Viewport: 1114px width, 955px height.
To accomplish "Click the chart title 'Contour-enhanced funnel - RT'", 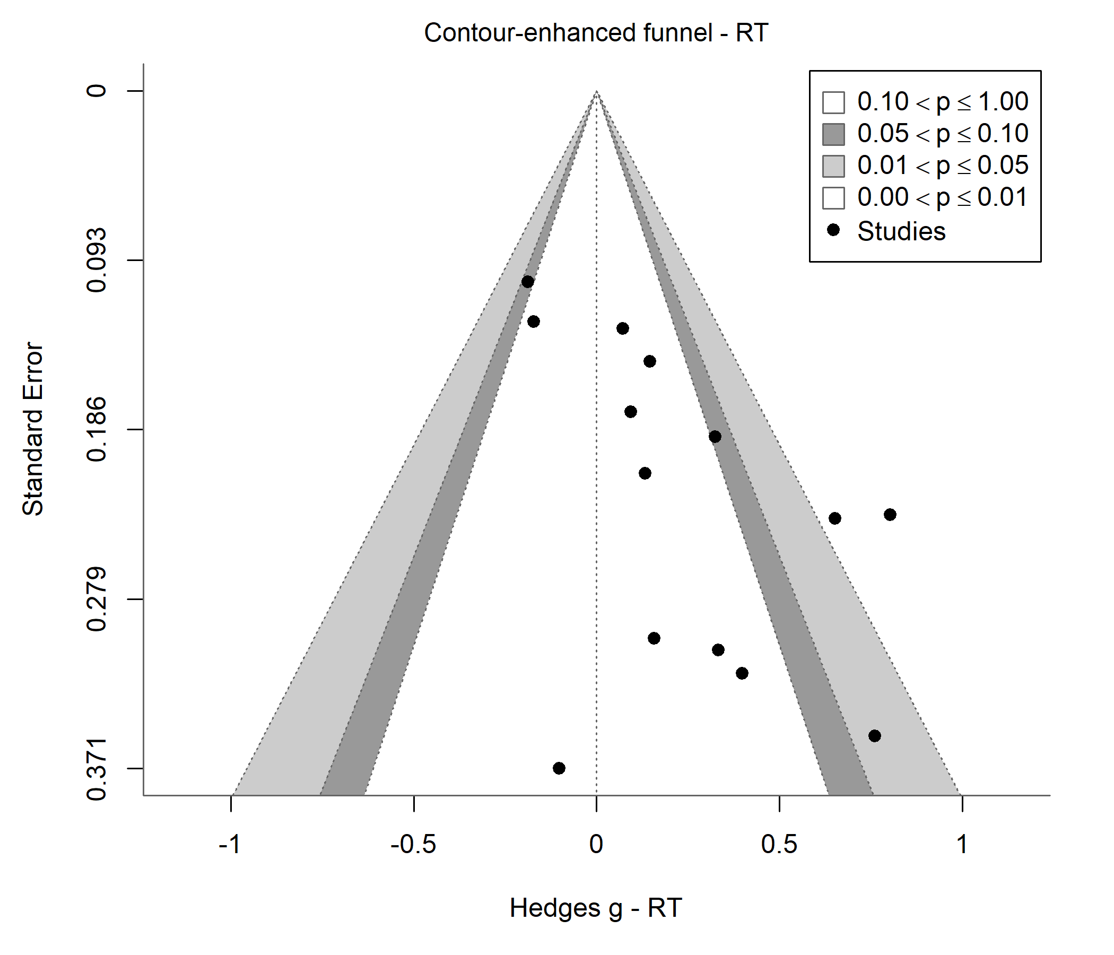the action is point(596,33).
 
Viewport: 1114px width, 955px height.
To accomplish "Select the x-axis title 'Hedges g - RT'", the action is point(596,908).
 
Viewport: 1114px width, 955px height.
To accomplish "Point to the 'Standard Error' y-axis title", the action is point(33,429).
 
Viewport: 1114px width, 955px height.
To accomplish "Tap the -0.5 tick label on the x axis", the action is point(413,845).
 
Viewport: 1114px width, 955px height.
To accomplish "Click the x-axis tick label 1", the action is point(962,845).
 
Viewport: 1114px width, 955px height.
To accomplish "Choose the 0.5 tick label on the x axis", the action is point(779,845).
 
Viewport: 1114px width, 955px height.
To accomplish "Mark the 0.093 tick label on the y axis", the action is point(97,261).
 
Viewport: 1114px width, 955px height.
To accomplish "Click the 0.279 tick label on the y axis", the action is point(97,599).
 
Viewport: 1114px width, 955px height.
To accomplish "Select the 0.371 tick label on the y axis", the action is point(97,768).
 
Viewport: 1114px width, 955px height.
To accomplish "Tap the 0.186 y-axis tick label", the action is point(97,430).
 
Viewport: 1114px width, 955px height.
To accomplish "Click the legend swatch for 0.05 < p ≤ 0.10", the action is point(833,134).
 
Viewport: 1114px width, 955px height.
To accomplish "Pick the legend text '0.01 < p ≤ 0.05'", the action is point(943,166).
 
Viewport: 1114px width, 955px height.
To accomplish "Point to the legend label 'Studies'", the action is point(902,232).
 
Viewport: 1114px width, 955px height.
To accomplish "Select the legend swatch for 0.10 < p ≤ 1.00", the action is point(833,102).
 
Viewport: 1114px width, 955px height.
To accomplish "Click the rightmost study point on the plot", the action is point(890,515).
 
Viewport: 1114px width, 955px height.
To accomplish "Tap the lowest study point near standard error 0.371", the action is point(559,768).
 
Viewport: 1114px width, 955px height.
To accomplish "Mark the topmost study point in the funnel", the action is point(528,282).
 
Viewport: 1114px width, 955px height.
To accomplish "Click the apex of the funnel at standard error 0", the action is point(596,91).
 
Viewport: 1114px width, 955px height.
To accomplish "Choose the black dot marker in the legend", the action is point(833,230).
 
